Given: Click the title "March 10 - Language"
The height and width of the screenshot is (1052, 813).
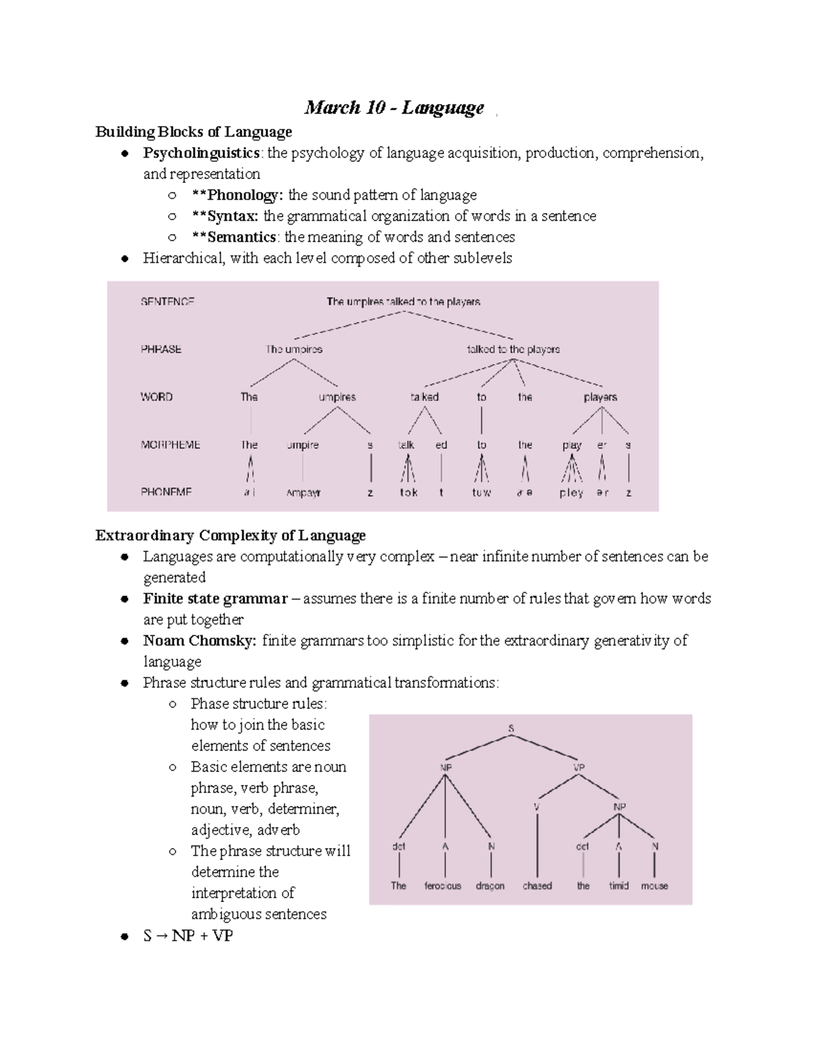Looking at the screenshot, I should (x=394, y=108).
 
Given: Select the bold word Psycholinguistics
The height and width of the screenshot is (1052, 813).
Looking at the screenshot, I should (x=201, y=153).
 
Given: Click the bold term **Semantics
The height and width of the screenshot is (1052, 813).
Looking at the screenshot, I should (x=234, y=237).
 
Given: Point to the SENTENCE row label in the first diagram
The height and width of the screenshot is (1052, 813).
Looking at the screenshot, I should (x=167, y=301).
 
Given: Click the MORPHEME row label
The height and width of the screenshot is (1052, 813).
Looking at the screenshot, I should (x=170, y=445).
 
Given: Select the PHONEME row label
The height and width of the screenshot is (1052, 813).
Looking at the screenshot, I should (x=166, y=492).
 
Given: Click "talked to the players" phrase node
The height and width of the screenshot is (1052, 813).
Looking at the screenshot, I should (x=513, y=350).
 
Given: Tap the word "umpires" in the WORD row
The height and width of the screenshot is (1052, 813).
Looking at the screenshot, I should (x=337, y=397).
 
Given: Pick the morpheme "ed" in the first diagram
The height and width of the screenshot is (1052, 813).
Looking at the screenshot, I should (x=441, y=445).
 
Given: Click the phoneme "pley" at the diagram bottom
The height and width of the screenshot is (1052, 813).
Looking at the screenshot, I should (x=571, y=493).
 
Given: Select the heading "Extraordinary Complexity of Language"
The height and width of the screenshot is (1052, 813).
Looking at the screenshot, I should (x=230, y=536).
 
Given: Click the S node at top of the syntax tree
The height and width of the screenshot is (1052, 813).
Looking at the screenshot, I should (x=511, y=728).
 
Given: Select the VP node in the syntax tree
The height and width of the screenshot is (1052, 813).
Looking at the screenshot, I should (x=579, y=767).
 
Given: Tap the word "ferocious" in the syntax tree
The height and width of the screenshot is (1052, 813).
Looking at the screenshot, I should (x=442, y=885).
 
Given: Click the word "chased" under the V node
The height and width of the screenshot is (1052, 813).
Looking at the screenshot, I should (x=537, y=885).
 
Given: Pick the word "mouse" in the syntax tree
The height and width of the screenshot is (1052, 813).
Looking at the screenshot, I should (x=654, y=885).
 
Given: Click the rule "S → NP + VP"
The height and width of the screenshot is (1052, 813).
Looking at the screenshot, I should (x=188, y=936).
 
